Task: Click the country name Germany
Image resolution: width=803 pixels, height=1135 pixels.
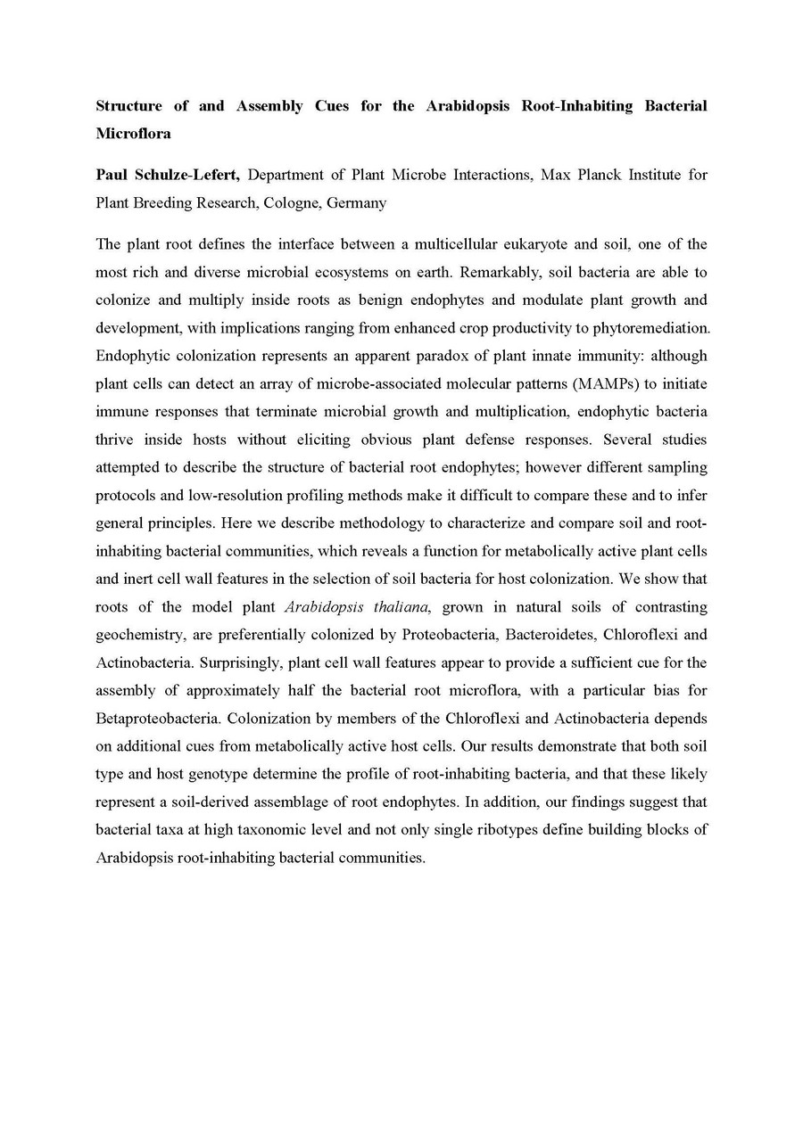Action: [x=357, y=202]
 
